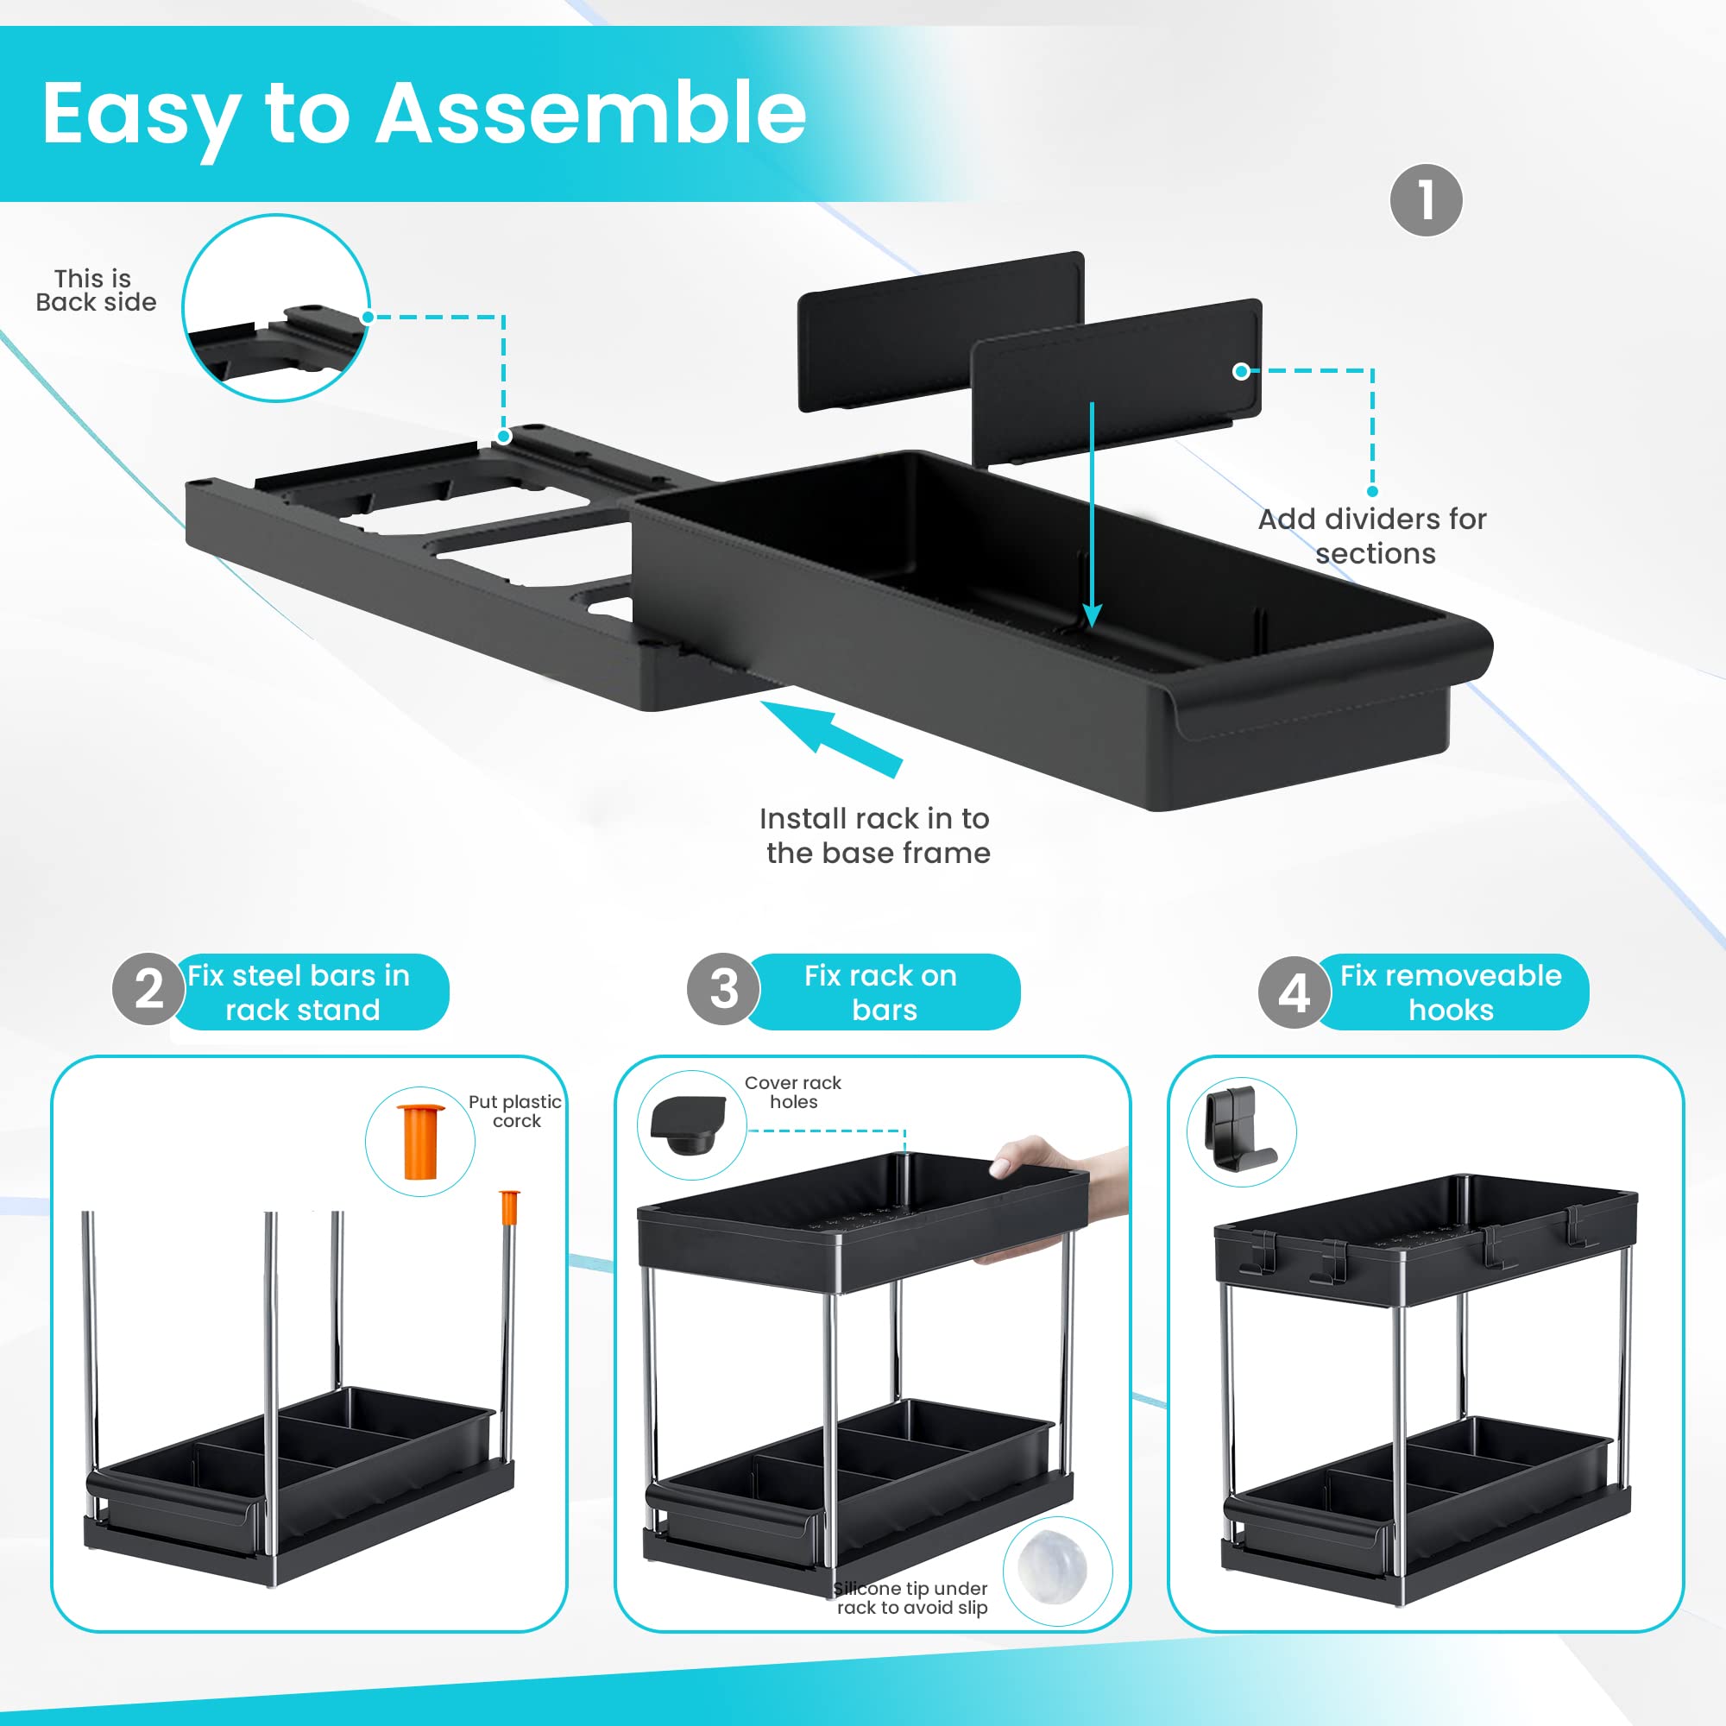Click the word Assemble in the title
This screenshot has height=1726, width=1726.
coord(590,112)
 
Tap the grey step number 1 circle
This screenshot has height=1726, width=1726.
coord(1426,200)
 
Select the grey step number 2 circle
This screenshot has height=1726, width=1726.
coord(148,989)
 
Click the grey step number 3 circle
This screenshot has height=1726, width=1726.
coord(724,989)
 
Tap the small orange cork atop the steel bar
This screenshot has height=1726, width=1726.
coord(509,1207)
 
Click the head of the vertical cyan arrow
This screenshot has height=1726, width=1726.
coord(1092,615)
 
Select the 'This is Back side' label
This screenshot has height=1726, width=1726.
coord(96,290)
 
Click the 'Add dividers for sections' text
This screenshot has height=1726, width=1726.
coord(1372,536)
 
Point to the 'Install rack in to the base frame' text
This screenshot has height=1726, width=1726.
coord(875,835)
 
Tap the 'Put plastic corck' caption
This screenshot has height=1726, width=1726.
coord(515,1112)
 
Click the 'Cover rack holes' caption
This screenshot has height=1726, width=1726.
coord(793,1092)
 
